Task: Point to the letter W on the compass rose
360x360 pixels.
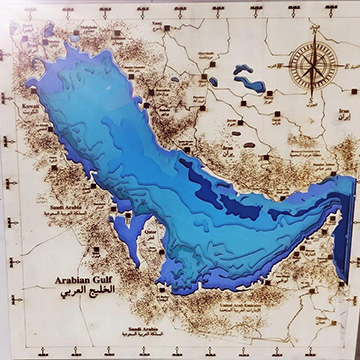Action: pyautogui.click(x=287, y=69)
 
